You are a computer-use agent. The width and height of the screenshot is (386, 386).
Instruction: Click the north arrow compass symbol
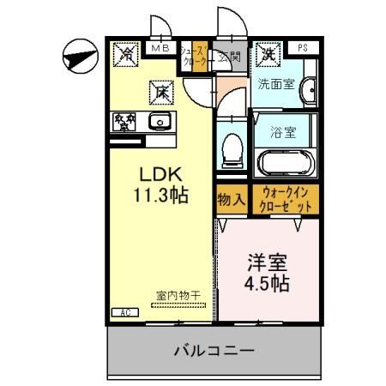click(x=78, y=57)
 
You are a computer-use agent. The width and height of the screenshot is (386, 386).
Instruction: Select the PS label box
click(x=304, y=49)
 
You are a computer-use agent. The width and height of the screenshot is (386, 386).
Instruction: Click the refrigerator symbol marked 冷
click(x=126, y=56)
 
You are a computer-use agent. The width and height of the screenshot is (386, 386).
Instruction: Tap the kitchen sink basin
click(x=160, y=121)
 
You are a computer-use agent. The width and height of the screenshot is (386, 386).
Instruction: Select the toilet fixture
click(x=230, y=152)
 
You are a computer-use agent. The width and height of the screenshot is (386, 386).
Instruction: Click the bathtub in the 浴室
click(x=286, y=161)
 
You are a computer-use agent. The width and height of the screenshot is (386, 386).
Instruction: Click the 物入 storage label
click(x=231, y=199)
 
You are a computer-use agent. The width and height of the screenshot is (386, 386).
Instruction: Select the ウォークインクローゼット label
click(x=286, y=200)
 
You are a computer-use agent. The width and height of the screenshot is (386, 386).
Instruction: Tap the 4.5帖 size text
click(x=267, y=282)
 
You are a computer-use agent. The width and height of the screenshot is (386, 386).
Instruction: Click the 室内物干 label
click(x=178, y=296)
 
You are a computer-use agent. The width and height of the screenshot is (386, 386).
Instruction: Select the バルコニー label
click(x=214, y=351)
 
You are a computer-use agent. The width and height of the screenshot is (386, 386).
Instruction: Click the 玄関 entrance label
click(x=229, y=57)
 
